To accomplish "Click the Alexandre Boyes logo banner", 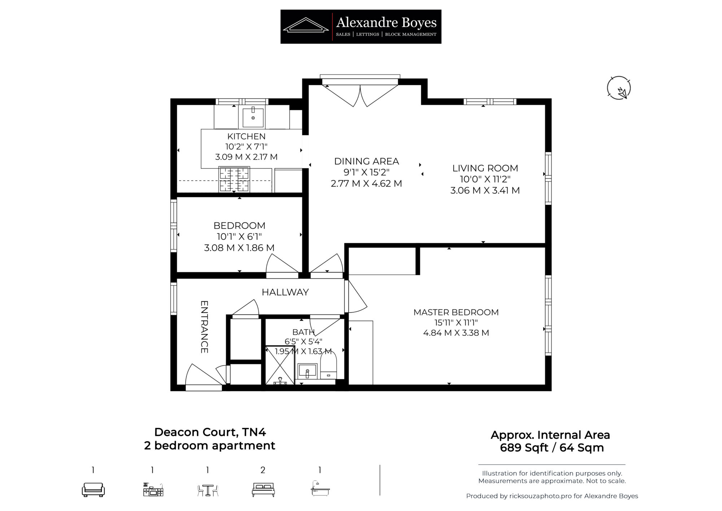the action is coord(361,27).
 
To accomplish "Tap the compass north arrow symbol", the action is coord(619,88).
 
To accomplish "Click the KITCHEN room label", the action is coord(246,136).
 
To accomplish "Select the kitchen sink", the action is coord(253,117).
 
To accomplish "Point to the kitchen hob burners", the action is coord(234,179).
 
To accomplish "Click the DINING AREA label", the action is coord(366,161).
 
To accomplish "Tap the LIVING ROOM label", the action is coord(485,168).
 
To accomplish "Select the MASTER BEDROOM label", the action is coord(456,312).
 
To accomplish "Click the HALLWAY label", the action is coord(285,292).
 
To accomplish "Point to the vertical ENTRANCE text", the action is coord(204,327).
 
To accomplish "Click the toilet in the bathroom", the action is coord(329,365).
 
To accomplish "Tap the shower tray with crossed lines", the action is coord(280,365).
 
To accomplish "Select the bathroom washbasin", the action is coord(307,371).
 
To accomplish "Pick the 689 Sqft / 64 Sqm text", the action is coord(552,448).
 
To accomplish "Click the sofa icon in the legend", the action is coord(93,489).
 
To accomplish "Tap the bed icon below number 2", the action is coord(263,490).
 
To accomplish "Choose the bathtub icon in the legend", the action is coord(320,488).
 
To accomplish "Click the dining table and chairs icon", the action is coord(208,490).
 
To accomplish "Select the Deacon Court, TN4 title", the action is coord(210,432).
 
